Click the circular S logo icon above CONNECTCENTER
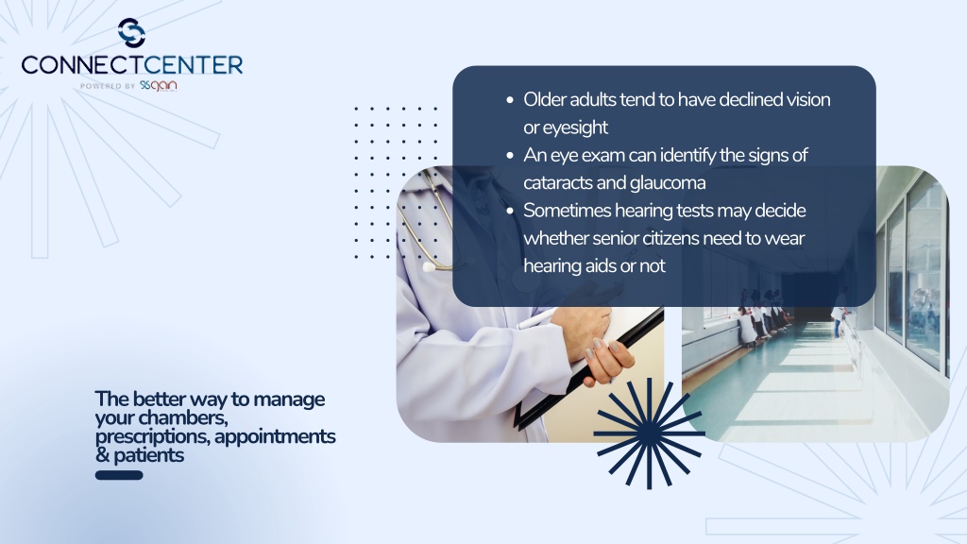[131, 33]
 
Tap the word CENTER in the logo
[188, 65]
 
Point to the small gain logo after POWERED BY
[159, 85]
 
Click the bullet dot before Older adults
[509, 99]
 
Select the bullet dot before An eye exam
[509, 155]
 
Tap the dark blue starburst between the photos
[649, 433]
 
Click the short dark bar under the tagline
[119, 475]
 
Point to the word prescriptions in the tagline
[152, 437]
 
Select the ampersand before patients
[102, 455]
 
